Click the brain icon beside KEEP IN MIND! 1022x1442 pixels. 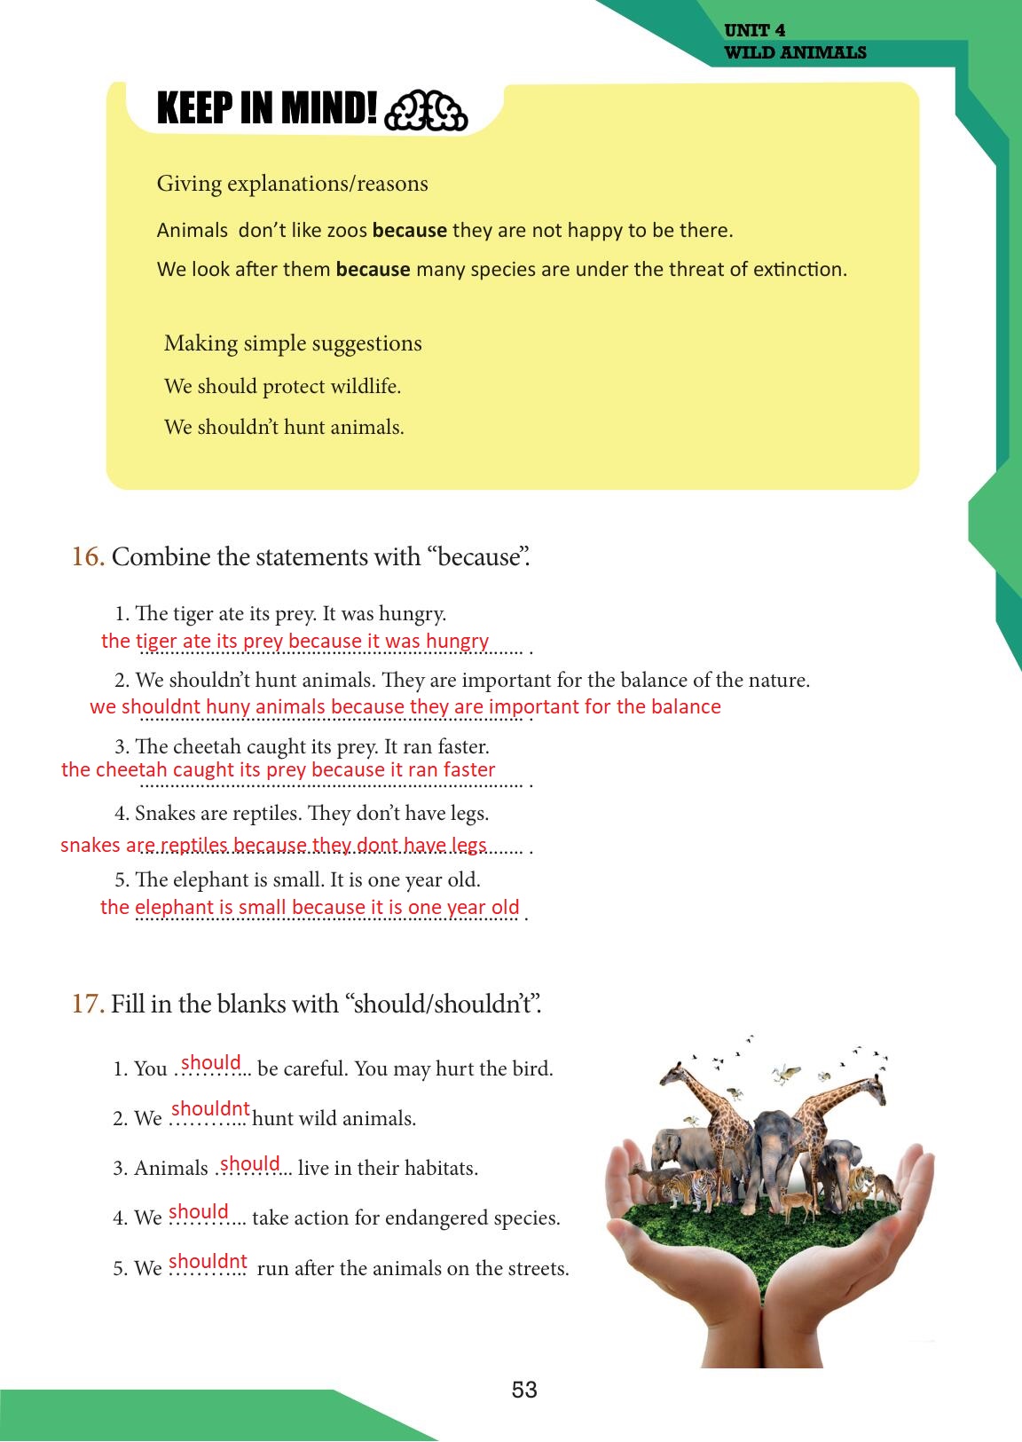[427, 111]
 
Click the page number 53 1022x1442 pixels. [524, 1390]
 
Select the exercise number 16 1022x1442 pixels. [88, 557]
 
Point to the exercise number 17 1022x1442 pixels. [88, 1005]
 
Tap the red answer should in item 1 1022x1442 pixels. [211, 1063]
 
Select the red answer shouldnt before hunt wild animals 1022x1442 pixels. [210, 1109]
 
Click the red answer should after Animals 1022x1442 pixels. [250, 1164]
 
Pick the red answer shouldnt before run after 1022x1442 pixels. [208, 1262]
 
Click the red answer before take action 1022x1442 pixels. [199, 1212]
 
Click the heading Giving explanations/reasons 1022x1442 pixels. [292, 184]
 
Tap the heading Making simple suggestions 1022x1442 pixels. [293, 343]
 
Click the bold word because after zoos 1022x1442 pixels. [410, 231]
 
